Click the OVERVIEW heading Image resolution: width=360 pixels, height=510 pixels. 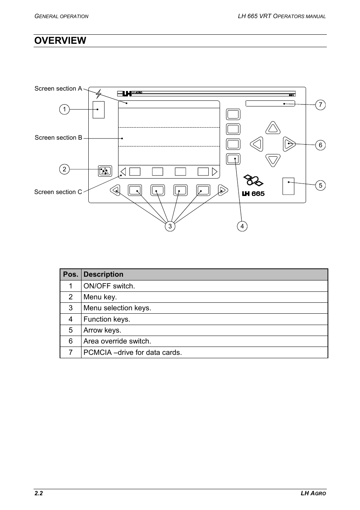tap(60, 41)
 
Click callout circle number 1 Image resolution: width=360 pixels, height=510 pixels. tap(65, 109)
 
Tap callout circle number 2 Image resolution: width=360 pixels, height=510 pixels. tap(65, 169)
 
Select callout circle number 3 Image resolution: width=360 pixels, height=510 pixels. tap(170, 226)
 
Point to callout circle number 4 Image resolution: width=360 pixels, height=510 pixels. tap(242, 226)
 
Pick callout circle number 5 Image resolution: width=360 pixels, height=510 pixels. tap(320, 185)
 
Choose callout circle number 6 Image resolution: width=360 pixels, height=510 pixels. tap(320, 145)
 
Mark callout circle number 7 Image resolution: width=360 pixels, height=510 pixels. tap(320, 105)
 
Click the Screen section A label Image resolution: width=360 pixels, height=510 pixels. tap(58, 89)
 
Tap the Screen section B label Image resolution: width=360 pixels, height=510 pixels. tap(58, 138)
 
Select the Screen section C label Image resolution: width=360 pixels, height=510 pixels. tap(58, 192)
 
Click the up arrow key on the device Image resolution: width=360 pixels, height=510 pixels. tap(273, 128)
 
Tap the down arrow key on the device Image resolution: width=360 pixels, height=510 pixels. tap(273, 160)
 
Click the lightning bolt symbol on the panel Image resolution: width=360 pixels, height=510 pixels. tap(98, 94)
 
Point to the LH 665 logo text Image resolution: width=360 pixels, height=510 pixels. tap(253, 194)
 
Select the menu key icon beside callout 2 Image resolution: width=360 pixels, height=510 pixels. tap(105, 171)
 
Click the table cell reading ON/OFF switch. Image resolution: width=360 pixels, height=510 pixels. tap(109, 286)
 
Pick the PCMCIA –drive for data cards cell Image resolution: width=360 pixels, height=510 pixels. tap(132, 353)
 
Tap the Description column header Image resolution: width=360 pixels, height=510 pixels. tap(103, 274)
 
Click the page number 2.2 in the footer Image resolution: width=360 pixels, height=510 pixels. tap(38, 493)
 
